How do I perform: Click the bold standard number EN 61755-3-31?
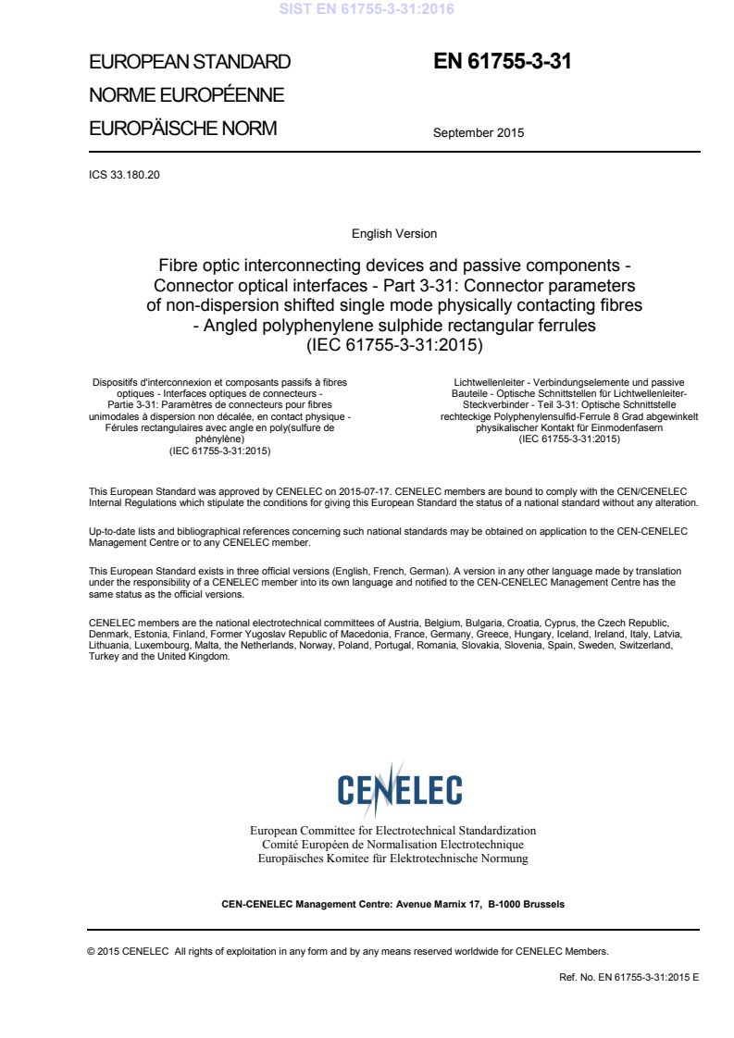point(503,62)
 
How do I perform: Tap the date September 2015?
point(478,132)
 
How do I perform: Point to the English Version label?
point(394,234)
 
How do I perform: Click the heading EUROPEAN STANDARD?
point(189,63)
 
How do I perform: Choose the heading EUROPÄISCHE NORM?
point(182,129)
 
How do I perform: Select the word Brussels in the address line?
point(543,903)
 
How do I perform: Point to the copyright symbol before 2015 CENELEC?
point(91,950)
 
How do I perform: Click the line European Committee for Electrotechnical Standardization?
point(392,831)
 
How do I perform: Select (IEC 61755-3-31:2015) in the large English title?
point(394,347)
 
